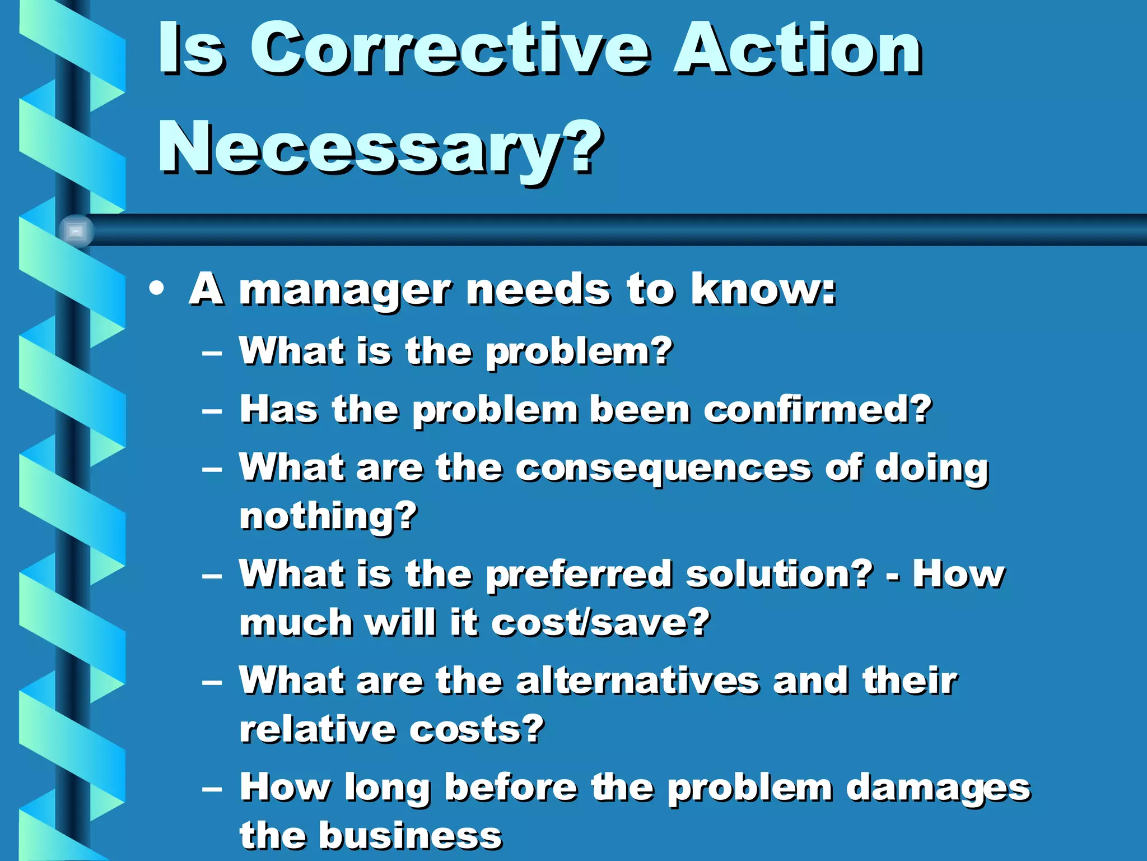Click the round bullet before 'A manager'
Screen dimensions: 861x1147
click(x=157, y=289)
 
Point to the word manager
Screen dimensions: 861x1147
click(x=344, y=291)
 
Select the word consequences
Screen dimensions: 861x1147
click(x=663, y=469)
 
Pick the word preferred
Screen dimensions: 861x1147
click(x=579, y=575)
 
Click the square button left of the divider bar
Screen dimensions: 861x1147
click(x=76, y=231)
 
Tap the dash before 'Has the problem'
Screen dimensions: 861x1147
click(x=212, y=411)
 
